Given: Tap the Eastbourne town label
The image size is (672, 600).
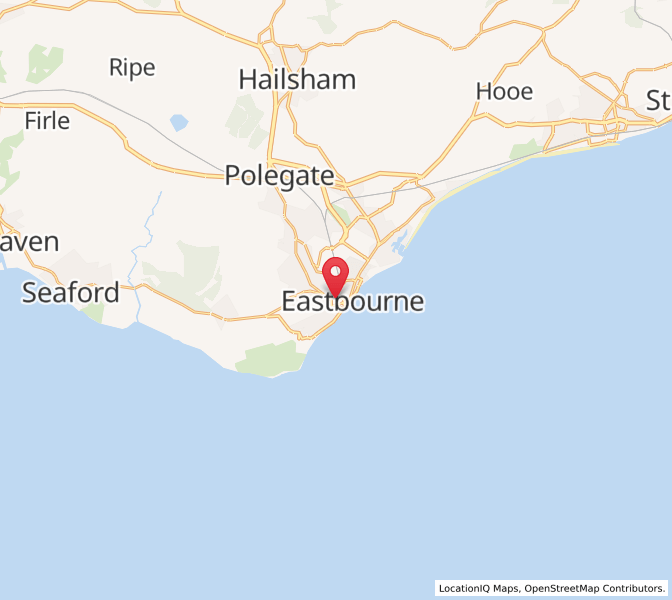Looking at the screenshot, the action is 353,301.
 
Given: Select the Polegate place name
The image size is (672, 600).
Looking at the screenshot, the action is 279,175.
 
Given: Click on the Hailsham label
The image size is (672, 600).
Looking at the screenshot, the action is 297,80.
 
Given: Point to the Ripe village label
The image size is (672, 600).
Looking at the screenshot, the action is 132,68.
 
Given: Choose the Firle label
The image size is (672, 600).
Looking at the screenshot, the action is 47,121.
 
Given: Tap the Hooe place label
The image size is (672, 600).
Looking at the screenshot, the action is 504,91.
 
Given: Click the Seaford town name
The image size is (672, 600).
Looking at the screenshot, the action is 70,293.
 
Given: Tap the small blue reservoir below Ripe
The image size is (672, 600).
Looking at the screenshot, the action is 179,123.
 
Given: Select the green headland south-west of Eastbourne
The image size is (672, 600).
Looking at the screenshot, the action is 270,358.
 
